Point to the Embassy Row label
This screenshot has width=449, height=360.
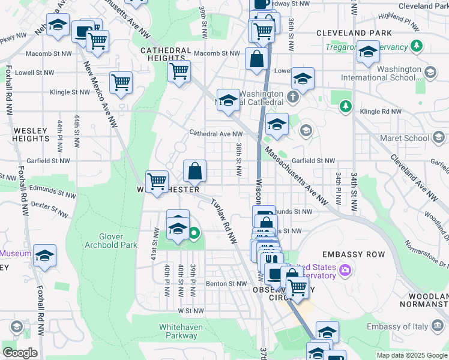353,254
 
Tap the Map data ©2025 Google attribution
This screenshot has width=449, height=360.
412,355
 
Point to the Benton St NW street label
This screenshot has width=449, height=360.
226,284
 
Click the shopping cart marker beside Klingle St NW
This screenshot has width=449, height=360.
121,83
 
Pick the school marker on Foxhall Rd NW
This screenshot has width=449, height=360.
44,256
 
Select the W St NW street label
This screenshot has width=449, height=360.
190,311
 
